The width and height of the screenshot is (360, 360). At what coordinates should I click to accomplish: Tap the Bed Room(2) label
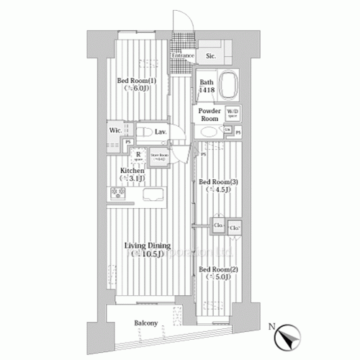[215, 272]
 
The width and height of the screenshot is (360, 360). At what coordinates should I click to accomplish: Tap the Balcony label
[146, 323]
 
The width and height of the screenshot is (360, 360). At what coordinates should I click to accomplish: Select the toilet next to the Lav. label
[145, 132]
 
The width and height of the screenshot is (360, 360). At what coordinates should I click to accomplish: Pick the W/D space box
[233, 113]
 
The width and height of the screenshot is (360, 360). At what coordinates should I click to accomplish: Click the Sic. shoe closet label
[212, 55]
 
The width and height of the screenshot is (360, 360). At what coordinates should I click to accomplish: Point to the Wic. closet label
[114, 130]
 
